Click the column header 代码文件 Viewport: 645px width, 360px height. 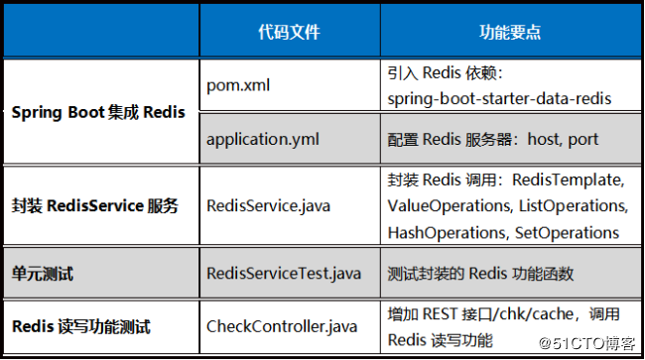(288, 32)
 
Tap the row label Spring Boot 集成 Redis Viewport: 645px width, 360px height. (98, 112)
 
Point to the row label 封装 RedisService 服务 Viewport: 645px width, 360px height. (95, 206)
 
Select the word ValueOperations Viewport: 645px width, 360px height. (447, 206)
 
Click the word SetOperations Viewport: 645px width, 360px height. (567, 232)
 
